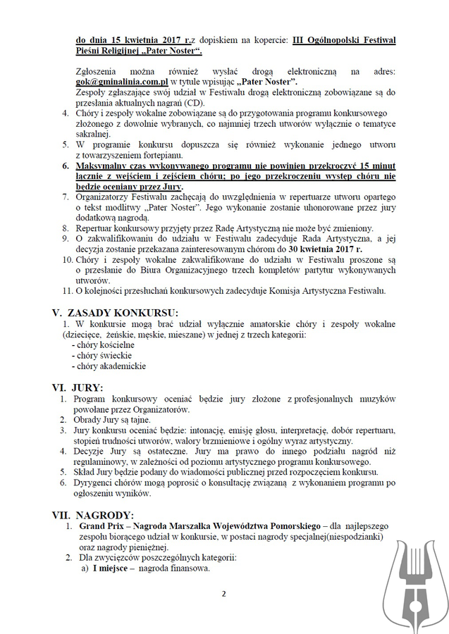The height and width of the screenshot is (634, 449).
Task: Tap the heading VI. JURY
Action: tap(78, 387)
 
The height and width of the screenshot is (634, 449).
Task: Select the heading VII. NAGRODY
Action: tap(93, 515)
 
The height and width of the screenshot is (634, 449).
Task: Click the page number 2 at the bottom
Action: tap(223, 593)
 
